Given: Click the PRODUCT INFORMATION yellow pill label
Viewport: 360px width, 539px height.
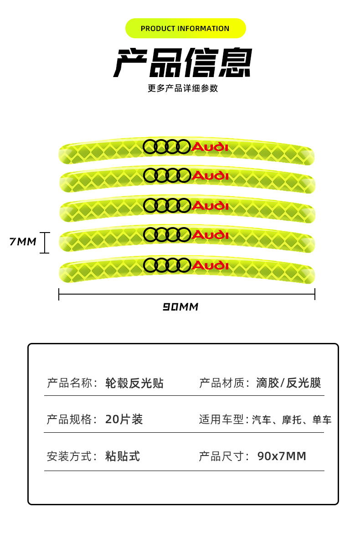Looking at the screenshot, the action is (x=185, y=28).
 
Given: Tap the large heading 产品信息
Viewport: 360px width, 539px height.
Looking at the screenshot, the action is (x=182, y=63).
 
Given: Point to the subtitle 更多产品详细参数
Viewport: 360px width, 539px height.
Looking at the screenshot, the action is (x=183, y=88).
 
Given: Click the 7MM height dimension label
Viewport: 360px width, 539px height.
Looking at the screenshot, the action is (x=23, y=242).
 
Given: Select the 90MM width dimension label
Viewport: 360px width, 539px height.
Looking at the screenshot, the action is (x=181, y=307).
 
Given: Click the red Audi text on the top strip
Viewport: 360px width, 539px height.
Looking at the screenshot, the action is (x=210, y=147).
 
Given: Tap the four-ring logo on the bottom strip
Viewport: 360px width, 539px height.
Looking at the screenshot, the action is (x=166, y=265).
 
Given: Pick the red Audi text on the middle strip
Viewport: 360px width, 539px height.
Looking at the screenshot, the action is (x=210, y=205).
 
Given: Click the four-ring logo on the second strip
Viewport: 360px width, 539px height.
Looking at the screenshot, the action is (x=166, y=175).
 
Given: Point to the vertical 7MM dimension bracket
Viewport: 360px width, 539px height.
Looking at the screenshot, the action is (x=44, y=242).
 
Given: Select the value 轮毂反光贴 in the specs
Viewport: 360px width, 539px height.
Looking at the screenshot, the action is (x=134, y=383).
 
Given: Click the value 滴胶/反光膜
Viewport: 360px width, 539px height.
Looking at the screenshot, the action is (x=288, y=383).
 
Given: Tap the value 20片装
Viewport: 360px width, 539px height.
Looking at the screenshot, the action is (x=124, y=420).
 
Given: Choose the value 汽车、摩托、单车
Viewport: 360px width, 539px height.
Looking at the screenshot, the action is (x=292, y=420).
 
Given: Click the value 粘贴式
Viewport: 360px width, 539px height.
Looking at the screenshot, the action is (x=123, y=456).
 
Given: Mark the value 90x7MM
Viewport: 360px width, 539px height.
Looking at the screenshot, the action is (x=282, y=456).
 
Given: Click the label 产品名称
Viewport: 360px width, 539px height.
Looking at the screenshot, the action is (x=70, y=383).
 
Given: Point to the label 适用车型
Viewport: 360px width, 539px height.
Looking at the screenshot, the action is (x=222, y=420).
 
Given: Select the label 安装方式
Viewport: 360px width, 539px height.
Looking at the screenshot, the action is (x=70, y=456).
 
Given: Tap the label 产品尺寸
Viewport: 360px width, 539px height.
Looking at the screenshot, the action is (x=222, y=456).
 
